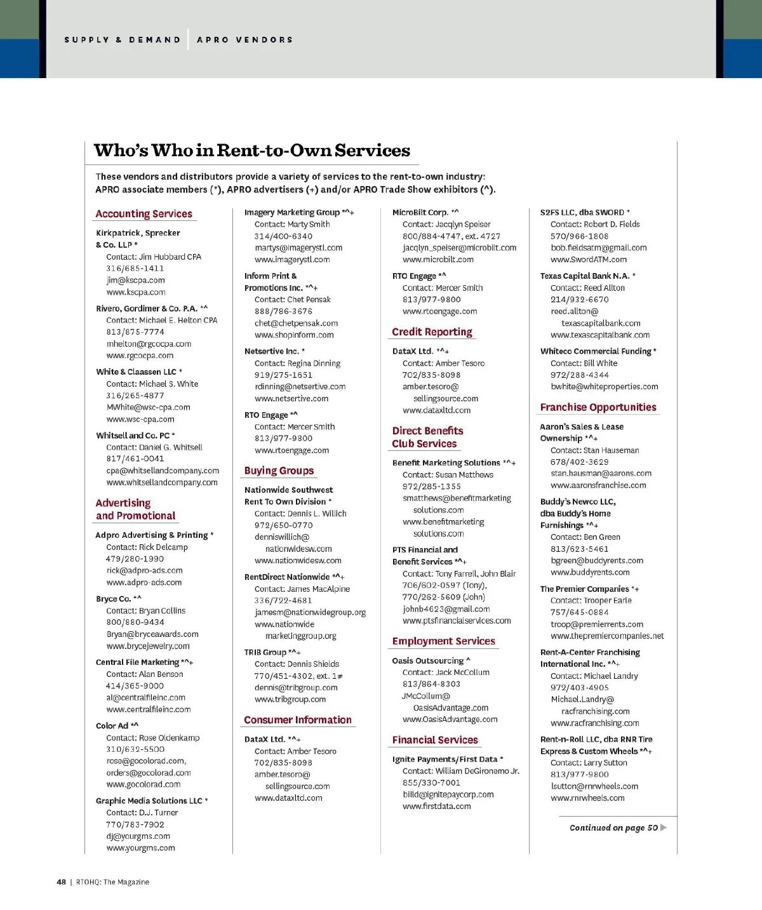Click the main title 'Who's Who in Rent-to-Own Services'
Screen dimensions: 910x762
[x=252, y=151]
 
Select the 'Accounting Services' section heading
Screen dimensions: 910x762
[x=144, y=214]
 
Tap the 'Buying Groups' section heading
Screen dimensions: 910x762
[x=279, y=471]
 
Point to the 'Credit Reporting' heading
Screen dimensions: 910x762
[x=432, y=331]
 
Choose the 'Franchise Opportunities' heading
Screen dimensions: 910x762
[x=598, y=407]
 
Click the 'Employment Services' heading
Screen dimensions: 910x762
[x=443, y=641]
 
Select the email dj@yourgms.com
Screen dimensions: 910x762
[x=138, y=836]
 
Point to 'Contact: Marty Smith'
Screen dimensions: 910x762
[x=292, y=224]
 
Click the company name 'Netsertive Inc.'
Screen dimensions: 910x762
[x=271, y=351]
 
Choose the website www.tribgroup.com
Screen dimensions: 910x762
[x=290, y=699]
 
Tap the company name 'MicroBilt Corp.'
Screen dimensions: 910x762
[x=420, y=212]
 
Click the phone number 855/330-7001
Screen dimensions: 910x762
[x=431, y=782]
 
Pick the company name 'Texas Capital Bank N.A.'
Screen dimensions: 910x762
[x=585, y=276]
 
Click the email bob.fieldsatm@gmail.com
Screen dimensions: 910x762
[x=598, y=248]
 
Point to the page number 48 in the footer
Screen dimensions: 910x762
[x=61, y=881]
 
